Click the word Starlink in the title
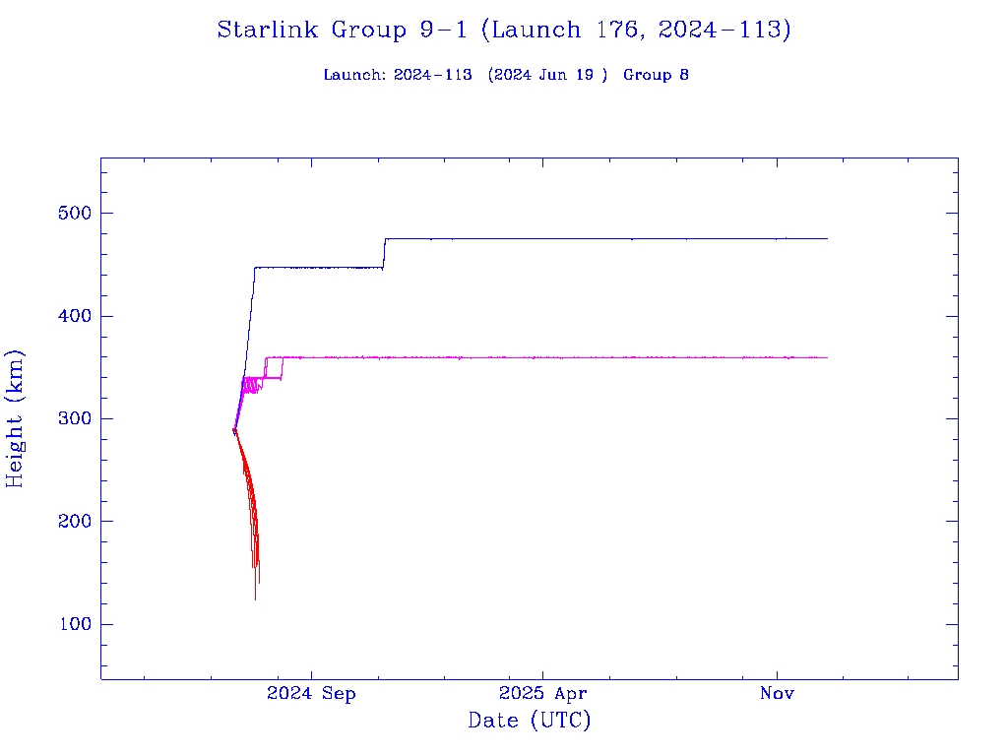[269, 30]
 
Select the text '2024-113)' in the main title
[724, 30]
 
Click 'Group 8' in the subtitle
[656, 75]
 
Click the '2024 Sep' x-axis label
[311, 694]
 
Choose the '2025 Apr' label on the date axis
[542, 694]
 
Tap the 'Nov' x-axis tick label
[777, 694]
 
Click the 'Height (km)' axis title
[16, 418]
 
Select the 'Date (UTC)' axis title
[530, 722]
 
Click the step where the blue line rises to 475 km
[384, 253]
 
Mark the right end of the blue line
[827, 238]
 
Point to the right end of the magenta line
[827, 357]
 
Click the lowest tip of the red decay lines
[255, 598]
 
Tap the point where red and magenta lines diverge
[234, 429]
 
